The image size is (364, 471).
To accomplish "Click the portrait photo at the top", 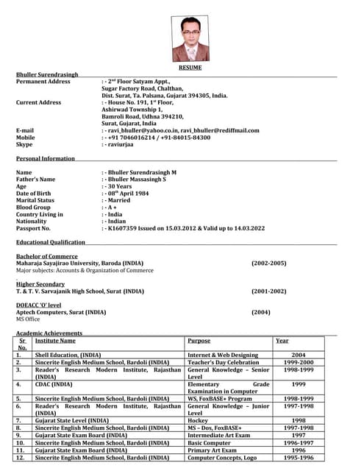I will point(190,39).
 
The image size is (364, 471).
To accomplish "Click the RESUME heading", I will point(190,68).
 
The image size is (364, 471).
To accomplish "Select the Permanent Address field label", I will point(43,82).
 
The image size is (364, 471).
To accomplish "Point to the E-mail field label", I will point(25,130).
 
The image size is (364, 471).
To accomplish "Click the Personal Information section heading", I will point(46,158).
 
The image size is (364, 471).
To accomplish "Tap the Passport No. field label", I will point(33,228).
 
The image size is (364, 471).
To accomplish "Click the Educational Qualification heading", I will point(51,242).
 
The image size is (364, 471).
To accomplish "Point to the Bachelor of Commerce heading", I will point(47,256).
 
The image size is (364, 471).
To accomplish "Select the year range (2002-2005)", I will point(269,263).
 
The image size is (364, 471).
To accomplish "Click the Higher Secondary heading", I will point(40,284).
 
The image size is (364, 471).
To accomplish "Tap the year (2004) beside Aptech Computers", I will point(261,312).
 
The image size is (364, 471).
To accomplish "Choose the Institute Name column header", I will point(55,341).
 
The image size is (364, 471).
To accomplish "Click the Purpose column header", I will point(199,341).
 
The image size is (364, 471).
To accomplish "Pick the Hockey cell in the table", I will point(199,419).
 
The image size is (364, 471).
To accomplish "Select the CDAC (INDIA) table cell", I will point(54,384).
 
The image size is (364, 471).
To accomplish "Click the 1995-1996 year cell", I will point(299,458).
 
